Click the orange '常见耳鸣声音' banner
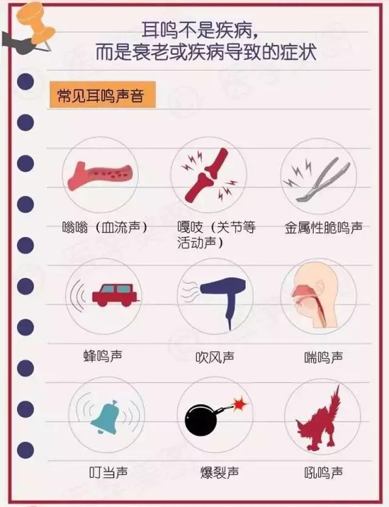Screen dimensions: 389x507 pos(102,95)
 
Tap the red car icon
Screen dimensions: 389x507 pos(116,295)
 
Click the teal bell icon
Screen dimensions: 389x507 pos(106,417)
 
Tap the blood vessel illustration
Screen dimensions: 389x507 pos(100,176)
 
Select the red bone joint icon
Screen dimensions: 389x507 pos(207,175)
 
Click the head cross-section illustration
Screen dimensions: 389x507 pos(315,295)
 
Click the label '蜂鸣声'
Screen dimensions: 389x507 pos(103,356)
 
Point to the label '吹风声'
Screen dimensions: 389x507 pos(215,357)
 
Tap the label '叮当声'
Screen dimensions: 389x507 pos(108,473)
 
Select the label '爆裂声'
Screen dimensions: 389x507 pos(219,473)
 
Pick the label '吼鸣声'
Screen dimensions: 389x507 pos(324,473)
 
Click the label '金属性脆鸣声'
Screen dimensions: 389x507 pos(324,228)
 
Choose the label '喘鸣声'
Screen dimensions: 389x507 pos(324,357)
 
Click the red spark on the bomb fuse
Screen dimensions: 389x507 pos(240,404)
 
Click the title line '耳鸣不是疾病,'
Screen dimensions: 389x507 pos(200,31)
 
